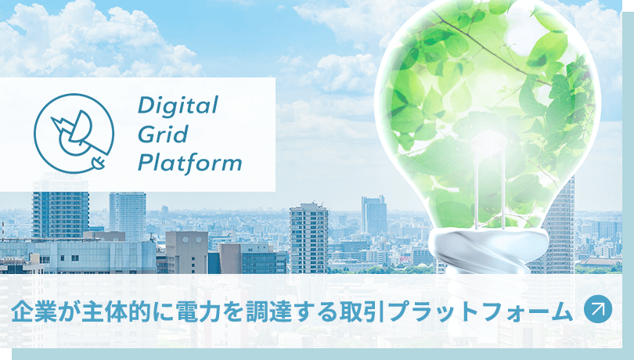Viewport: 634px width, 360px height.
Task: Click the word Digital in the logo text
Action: tap(178, 105)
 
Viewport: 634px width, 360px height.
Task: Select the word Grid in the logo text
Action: tap(163, 134)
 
